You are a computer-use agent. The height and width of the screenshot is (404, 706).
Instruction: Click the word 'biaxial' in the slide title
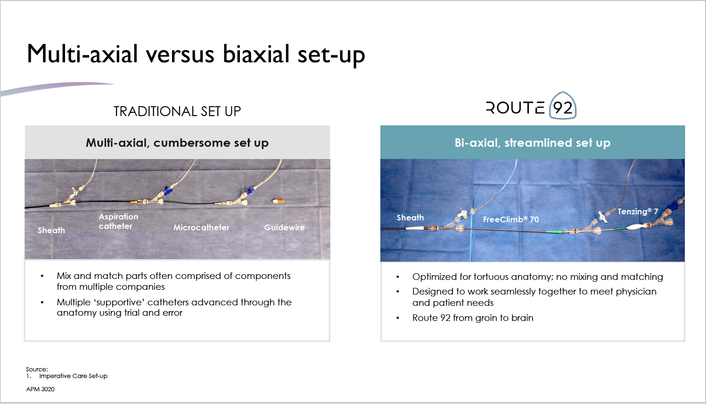pyautogui.click(x=256, y=54)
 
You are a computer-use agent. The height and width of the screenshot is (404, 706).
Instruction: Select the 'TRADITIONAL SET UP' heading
pyautogui.click(x=177, y=111)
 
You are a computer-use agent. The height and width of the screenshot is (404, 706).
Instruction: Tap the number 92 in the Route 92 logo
pyautogui.click(x=563, y=108)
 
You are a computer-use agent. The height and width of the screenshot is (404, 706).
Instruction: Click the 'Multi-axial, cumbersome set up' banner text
pyautogui.click(x=177, y=143)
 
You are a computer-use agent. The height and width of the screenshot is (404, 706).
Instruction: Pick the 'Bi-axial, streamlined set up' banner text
pyautogui.click(x=533, y=143)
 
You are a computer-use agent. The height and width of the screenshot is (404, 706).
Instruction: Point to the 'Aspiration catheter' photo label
pyautogui.click(x=118, y=221)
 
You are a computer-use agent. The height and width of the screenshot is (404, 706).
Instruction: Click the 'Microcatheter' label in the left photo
pyautogui.click(x=201, y=227)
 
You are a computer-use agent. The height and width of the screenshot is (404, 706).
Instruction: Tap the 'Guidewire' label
pyautogui.click(x=284, y=227)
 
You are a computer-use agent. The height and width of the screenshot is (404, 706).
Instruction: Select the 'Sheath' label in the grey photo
pyautogui.click(x=51, y=230)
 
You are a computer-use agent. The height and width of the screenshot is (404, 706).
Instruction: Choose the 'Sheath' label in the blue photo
pyautogui.click(x=410, y=218)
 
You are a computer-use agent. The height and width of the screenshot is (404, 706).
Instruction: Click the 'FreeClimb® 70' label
pyautogui.click(x=511, y=219)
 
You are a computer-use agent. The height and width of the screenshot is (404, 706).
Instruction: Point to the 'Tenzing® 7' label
pyautogui.click(x=638, y=211)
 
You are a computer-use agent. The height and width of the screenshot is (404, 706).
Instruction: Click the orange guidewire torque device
pyautogui.click(x=279, y=201)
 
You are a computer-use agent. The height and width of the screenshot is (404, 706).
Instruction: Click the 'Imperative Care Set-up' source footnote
pyautogui.click(x=73, y=376)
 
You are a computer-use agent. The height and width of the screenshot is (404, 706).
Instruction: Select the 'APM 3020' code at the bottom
pyautogui.click(x=41, y=389)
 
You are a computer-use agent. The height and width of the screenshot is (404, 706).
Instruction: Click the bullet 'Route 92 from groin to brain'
pyautogui.click(x=473, y=318)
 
